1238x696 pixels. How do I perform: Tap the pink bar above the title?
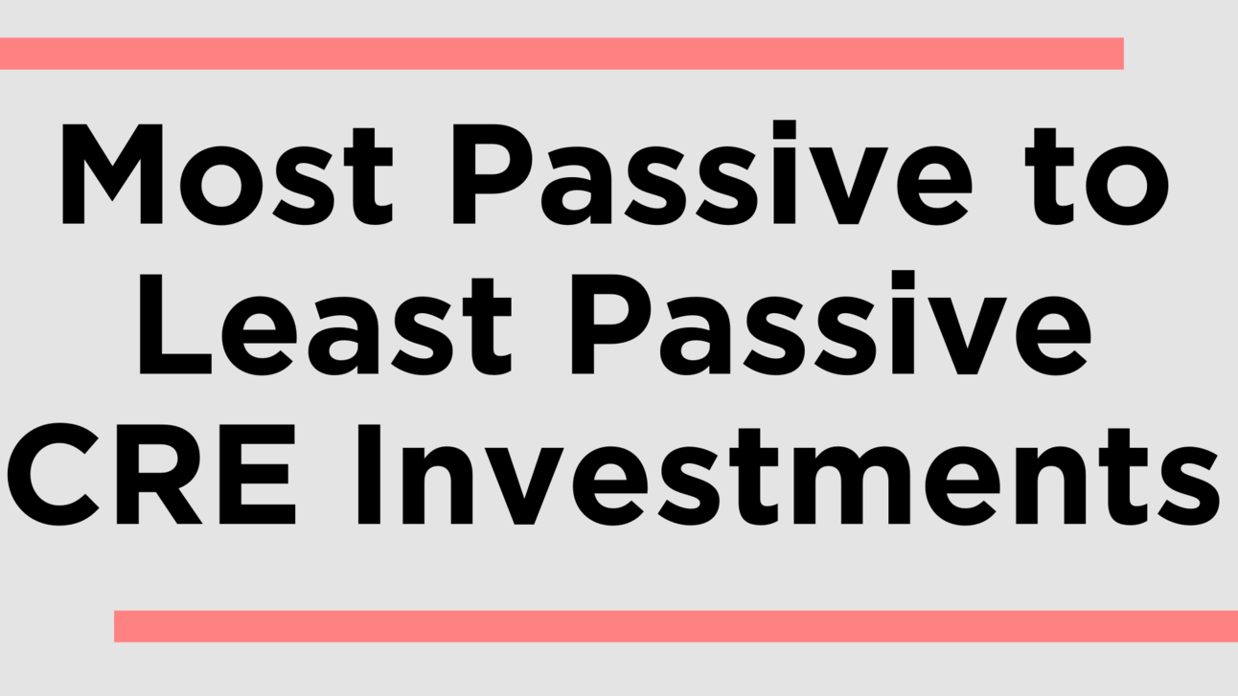[561, 54]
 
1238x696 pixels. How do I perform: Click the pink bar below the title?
[676, 626]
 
